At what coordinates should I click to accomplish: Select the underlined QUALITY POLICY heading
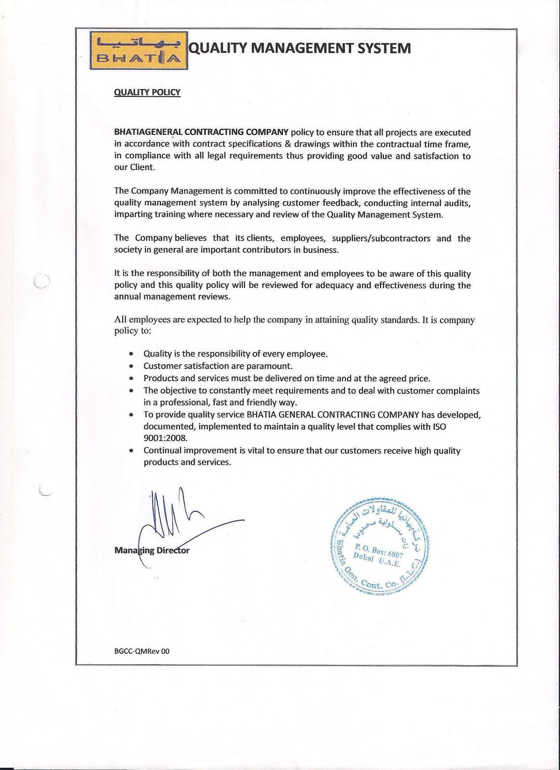(x=147, y=92)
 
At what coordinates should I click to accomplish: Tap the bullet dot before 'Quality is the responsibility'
(x=131, y=354)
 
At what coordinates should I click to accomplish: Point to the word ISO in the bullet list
(x=439, y=426)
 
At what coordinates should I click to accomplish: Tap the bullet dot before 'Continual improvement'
(x=131, y=451)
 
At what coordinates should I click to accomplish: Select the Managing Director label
(x=152, y=550)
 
